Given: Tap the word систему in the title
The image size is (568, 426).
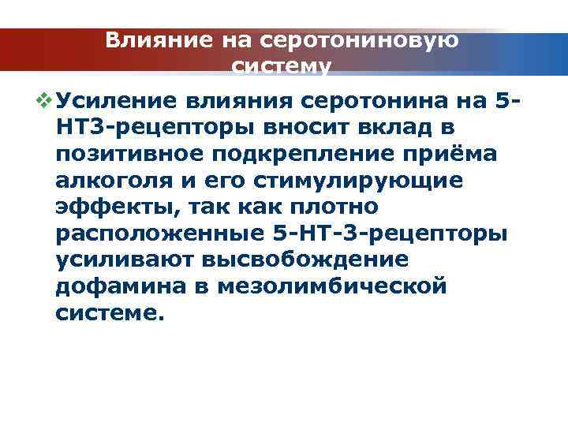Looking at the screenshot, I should [x=281, y=66].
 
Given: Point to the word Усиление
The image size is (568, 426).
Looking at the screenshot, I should [x=115, y=102].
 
